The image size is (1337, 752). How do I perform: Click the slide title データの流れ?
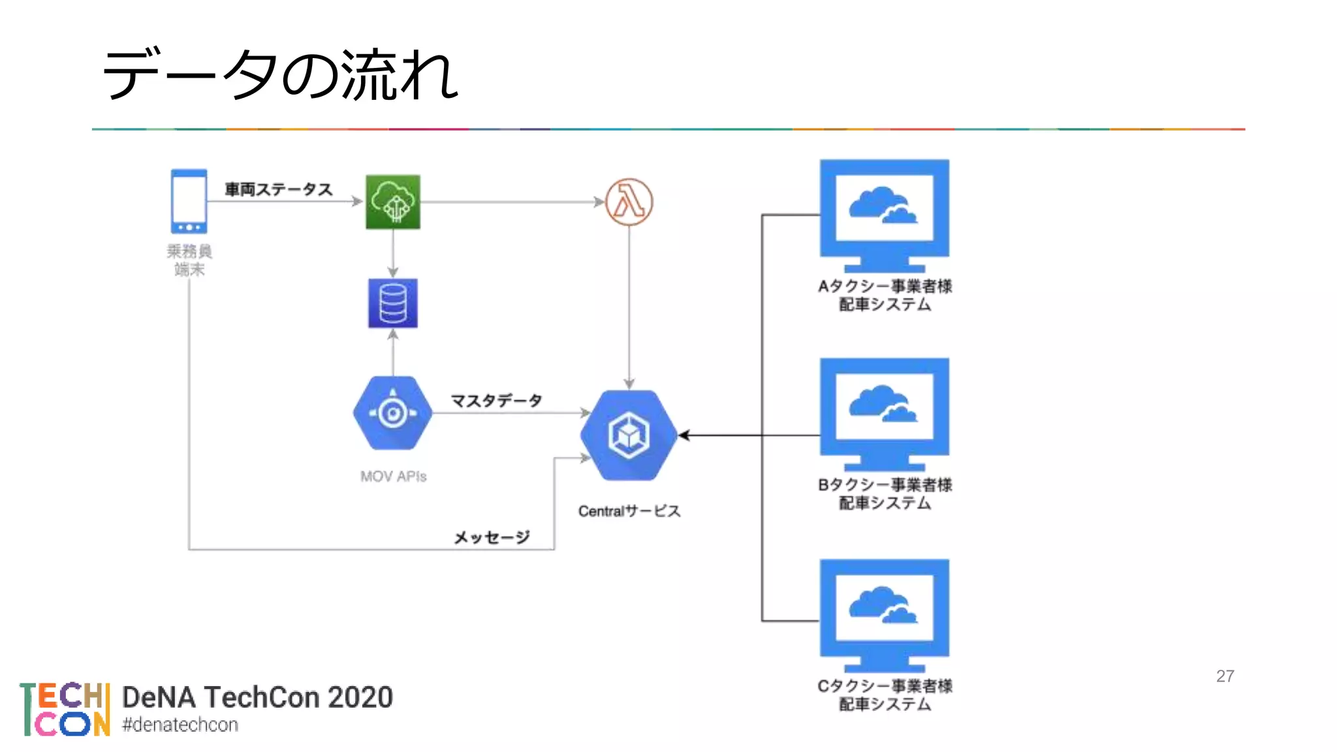281,75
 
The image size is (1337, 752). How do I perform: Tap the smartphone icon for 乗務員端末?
189,201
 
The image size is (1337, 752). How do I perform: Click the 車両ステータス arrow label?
279,189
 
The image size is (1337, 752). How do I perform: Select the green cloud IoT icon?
392,202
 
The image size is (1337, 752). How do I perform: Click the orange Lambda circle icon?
629,202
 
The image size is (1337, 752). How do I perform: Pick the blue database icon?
392,304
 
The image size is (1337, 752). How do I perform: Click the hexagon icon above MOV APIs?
392,413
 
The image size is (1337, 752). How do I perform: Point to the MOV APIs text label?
393,477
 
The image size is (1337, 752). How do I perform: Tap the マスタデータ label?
496,400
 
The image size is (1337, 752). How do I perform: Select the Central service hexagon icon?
629,435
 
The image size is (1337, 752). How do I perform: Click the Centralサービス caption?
629,511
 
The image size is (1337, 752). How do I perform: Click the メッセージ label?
492,537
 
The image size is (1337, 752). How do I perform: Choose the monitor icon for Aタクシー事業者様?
884,215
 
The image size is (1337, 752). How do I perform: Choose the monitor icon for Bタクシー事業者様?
884,414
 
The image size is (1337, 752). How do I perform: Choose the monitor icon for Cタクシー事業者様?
884,615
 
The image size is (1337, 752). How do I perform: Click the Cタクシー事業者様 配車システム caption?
885,695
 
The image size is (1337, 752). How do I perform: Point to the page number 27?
1225,676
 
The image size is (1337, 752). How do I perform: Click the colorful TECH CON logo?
65,710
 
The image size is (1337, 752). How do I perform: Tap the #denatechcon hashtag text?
180,725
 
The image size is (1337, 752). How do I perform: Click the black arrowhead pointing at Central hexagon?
684,435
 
